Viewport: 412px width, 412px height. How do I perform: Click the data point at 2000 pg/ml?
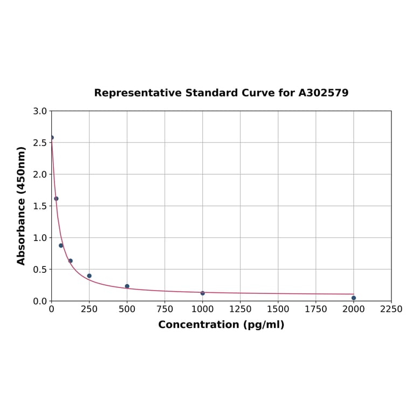[354, 298]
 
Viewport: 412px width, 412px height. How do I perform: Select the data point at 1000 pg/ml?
[203, 293]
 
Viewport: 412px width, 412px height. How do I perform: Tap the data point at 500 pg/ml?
[127, 286]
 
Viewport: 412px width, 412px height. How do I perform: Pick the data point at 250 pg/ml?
[90, 276]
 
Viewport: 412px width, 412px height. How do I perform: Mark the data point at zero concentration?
[52, 138]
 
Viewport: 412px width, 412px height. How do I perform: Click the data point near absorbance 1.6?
[56, 198]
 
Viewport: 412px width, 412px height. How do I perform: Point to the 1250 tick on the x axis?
[241, 309]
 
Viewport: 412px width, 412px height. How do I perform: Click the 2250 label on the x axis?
[392, 309]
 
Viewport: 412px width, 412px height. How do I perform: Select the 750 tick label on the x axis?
[165, 309]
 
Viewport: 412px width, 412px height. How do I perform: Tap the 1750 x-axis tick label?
[316, 309]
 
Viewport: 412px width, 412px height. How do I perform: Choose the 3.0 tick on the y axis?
[40, 111]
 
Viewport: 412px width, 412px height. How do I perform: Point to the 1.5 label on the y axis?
[40, 206]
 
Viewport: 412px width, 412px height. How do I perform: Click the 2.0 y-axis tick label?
[40, 174]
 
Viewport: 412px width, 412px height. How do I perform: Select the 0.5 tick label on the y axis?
[40, 269]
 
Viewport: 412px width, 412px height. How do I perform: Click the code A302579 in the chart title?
[324, 93]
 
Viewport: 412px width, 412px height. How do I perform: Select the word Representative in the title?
[138, 93]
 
